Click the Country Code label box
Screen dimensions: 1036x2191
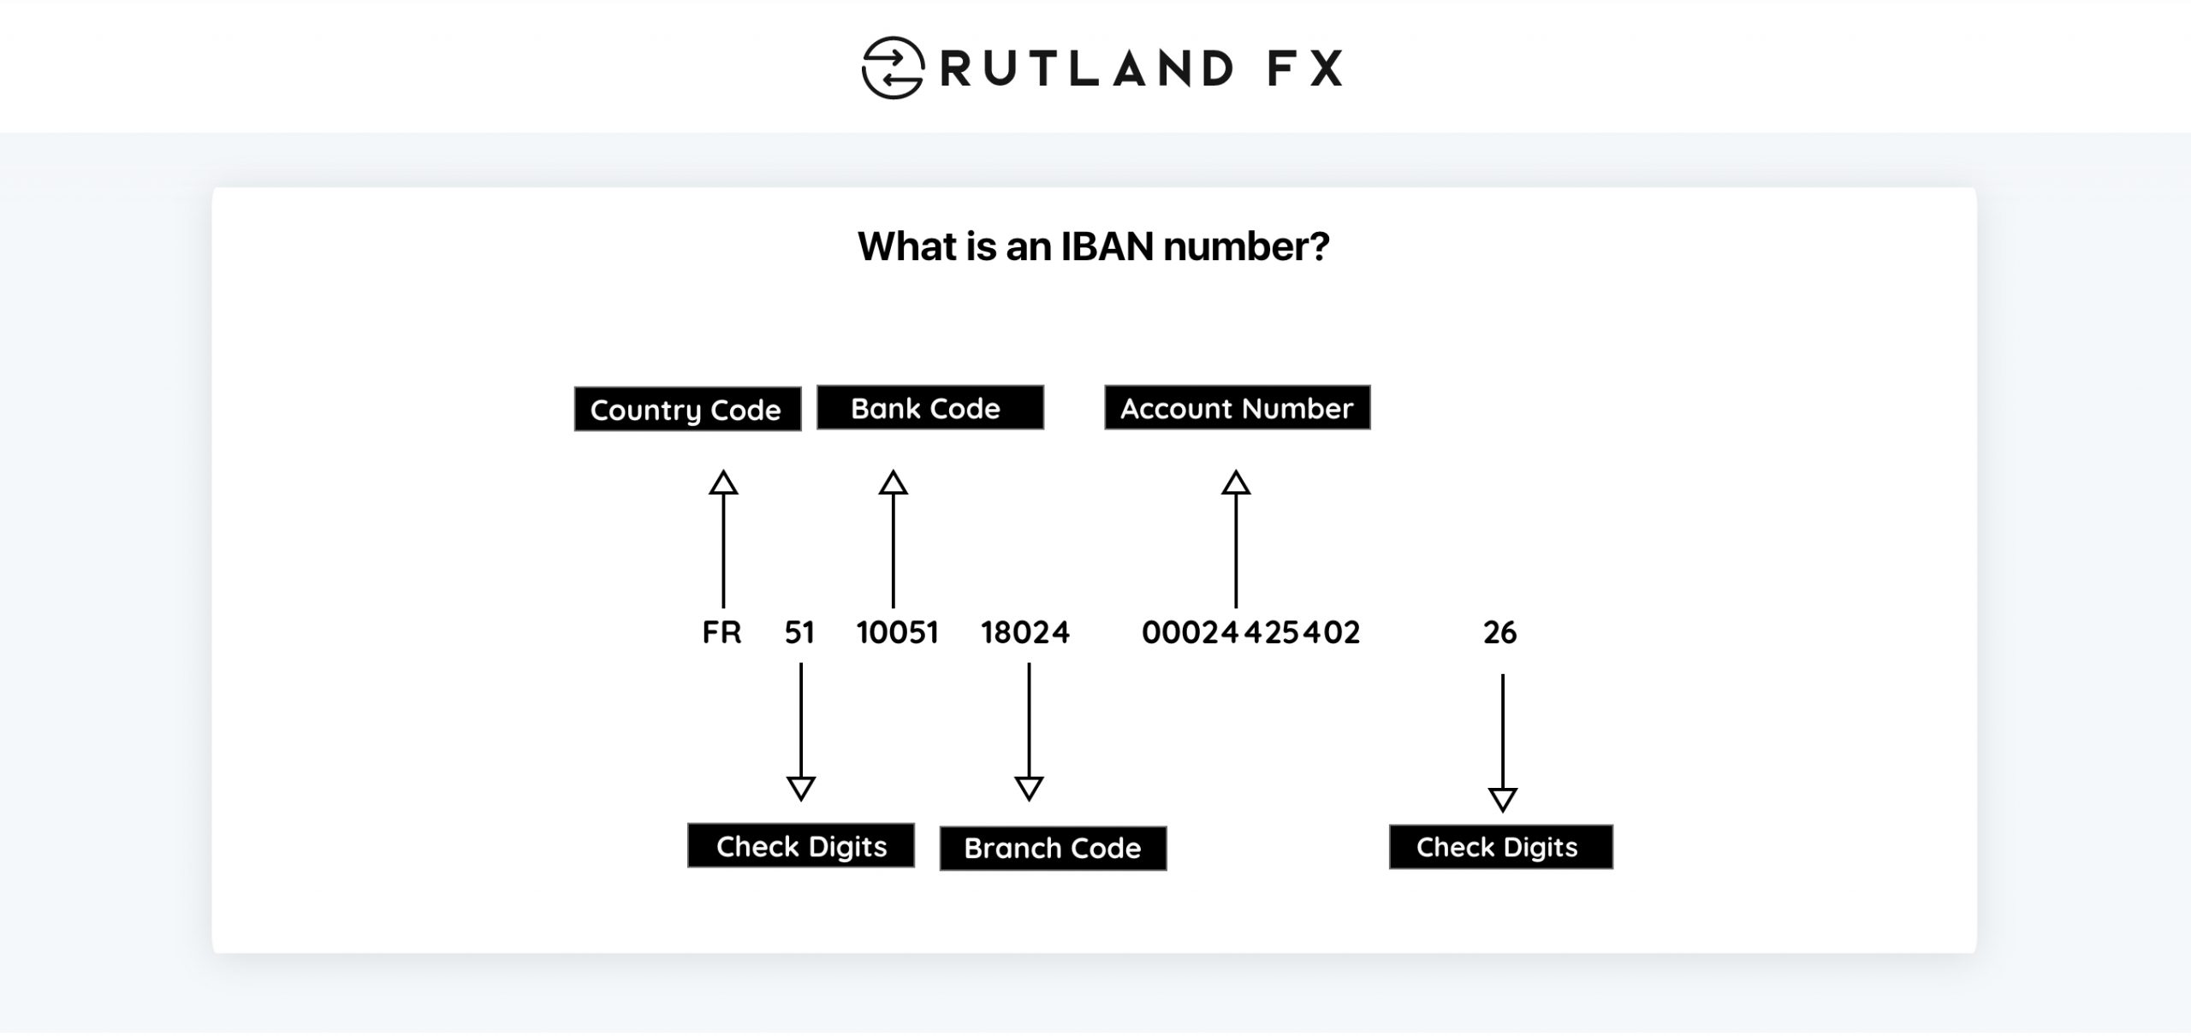pyautogui.click(x=687, y=409)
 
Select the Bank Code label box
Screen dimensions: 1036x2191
pyautogui.click(x=929, y=407)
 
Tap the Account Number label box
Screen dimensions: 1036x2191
pyautogui.click(x=1237, y=407)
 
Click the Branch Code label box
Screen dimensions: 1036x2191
pyautogui.click(x=1053, y=848)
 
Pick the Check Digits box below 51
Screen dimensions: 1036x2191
pyautogui.click(x=800, y=846)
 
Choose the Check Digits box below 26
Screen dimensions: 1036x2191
pyautogui.click(x=1500, y=847)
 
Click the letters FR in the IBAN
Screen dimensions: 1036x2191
pyautogui.click(x=721, y=632)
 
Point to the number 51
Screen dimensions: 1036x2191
pyautogui.click(x=799, y=632)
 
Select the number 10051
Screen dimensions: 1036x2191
pyautogui.click(x=897, y=632)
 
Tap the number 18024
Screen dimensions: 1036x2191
pyautogui.click(x=1025, y=632)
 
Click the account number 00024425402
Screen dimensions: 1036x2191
pyautogui.click(x=1250, y=632)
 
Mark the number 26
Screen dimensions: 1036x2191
pyautogui.click(x=1499, y=632)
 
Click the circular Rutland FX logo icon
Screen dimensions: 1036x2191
pyautogui.click(x=892, y=68)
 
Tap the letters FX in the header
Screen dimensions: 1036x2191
pyautogui.click(x=1304, y=68)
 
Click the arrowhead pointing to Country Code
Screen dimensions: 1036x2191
pyautogui.click(x=723, y=483)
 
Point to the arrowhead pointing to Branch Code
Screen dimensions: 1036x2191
pyautogui.click(x=1029, y=787)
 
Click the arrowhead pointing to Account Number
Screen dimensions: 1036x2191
pyautogui.click(x=1235, y=483)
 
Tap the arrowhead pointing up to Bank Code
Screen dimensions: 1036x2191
pyautogui.click(x=893, y=483)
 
